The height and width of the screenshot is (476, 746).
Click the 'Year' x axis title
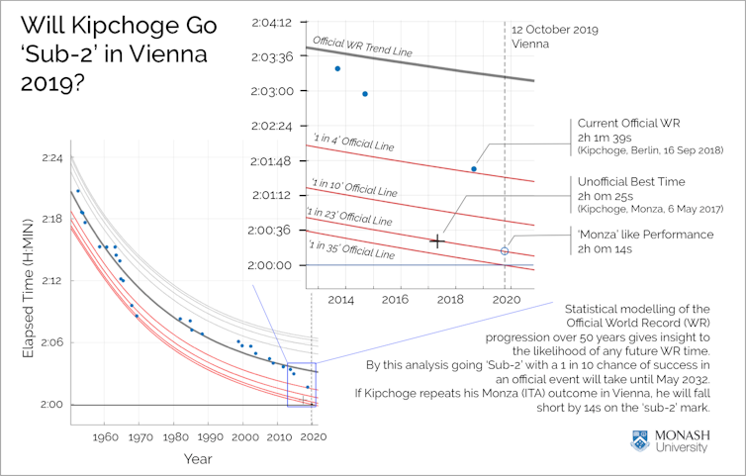(x=197, y=458)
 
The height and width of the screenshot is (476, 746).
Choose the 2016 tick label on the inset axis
(x=396, y=299)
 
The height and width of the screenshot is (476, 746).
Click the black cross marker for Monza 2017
(x=436, y=240)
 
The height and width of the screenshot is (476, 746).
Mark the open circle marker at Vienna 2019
(x=505, y=251)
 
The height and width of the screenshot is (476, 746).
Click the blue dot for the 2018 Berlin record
(x=473, y=169)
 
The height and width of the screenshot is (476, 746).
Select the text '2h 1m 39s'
(x=606, y=137)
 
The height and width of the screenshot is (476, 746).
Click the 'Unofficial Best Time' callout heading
(x=630, y=182)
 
